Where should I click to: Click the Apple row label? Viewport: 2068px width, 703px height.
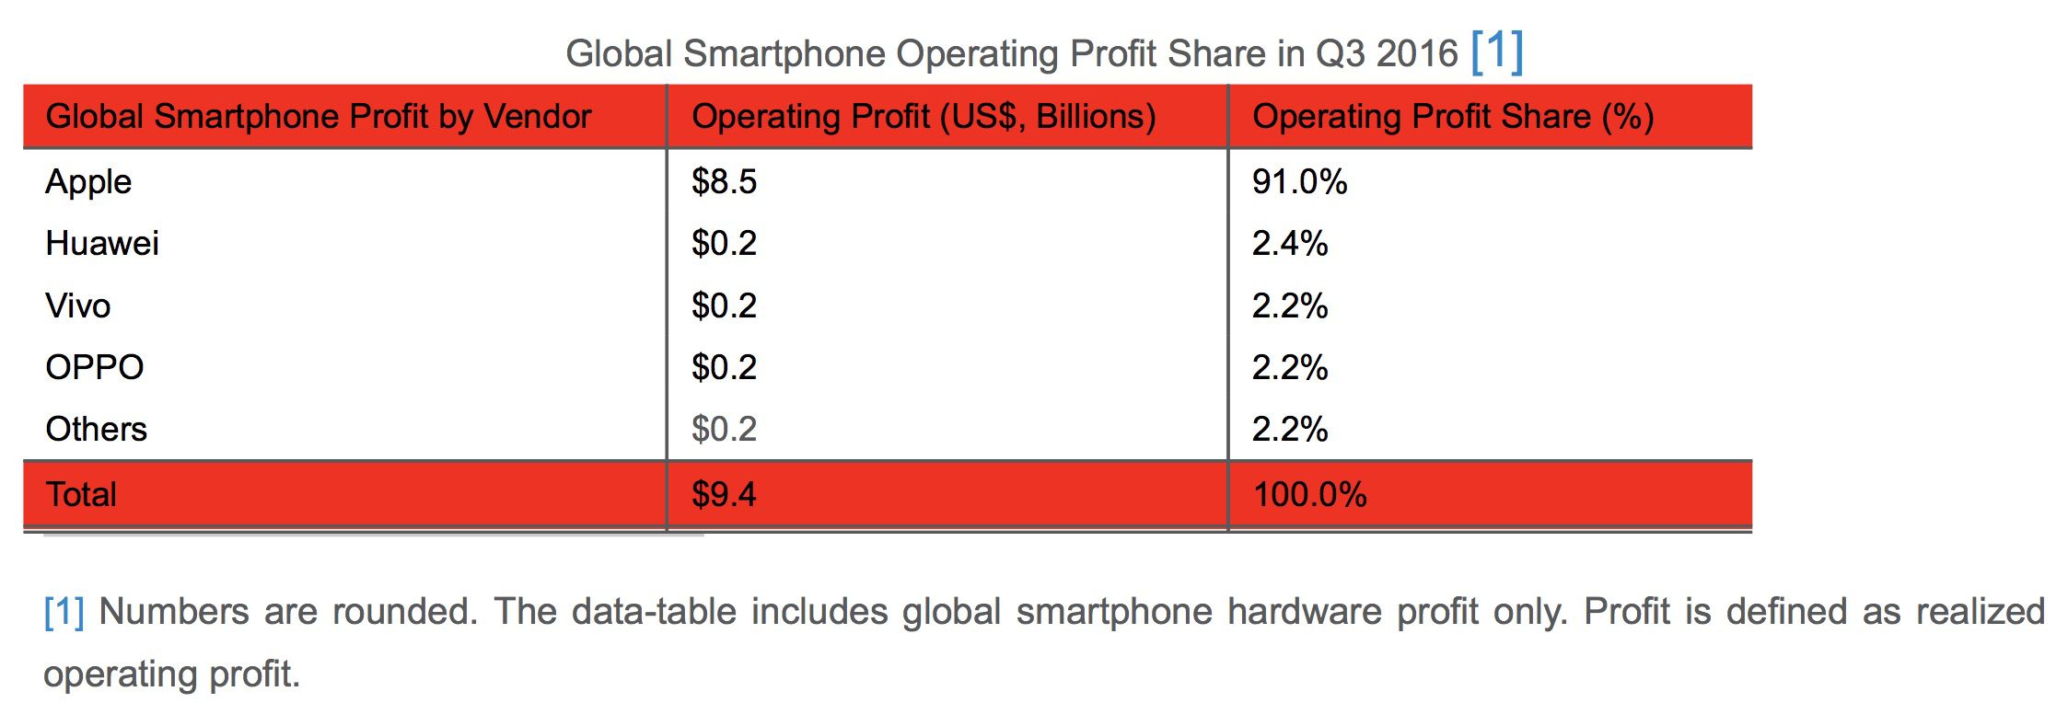coord(88,182)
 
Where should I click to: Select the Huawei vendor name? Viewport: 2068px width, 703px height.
coord(102,244)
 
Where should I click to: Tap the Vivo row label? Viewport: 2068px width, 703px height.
coord(78,305)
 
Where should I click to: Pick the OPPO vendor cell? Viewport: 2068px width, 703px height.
coord(95,367)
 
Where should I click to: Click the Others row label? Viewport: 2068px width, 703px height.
coord(97,429)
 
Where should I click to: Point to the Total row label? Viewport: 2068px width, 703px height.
coord(82,495)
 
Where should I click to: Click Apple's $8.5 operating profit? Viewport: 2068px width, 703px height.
coord(724,182)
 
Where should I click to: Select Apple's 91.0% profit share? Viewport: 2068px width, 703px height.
coord(1299,182)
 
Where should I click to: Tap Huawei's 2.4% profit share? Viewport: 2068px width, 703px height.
coord(1289,244)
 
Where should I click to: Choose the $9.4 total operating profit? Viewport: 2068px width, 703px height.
coord(724,495)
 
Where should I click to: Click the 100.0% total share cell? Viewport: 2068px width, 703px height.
coord(1309,495)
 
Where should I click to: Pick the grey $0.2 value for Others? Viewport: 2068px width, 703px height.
coord(724,429)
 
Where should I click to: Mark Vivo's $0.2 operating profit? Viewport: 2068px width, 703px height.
coord(724,305)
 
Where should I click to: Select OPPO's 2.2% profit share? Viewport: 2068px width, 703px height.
coord(1289,367)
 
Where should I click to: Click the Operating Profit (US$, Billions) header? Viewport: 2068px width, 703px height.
coord(924,117)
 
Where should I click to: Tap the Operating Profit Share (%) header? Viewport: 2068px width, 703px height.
coord(1453,117)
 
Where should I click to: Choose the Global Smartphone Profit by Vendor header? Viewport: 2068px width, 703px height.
coord(319,117)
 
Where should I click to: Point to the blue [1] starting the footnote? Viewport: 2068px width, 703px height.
coord(64,612)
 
